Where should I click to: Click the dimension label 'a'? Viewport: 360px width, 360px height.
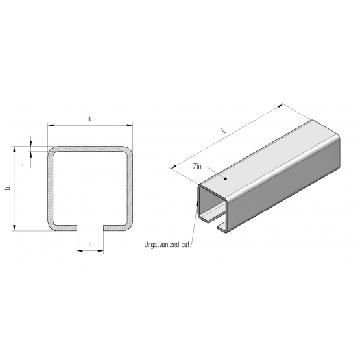90,119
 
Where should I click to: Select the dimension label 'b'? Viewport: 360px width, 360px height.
8,189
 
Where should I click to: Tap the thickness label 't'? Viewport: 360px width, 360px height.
25,165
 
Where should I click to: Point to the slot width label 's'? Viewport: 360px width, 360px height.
90,245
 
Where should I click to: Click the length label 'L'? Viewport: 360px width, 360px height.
223,131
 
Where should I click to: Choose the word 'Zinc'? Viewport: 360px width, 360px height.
198,167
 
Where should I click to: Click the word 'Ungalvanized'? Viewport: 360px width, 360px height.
162,245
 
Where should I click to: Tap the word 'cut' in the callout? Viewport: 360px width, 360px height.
186,245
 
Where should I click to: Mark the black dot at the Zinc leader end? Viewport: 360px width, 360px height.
226,178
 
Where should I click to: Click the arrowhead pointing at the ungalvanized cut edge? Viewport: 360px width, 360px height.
197,203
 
